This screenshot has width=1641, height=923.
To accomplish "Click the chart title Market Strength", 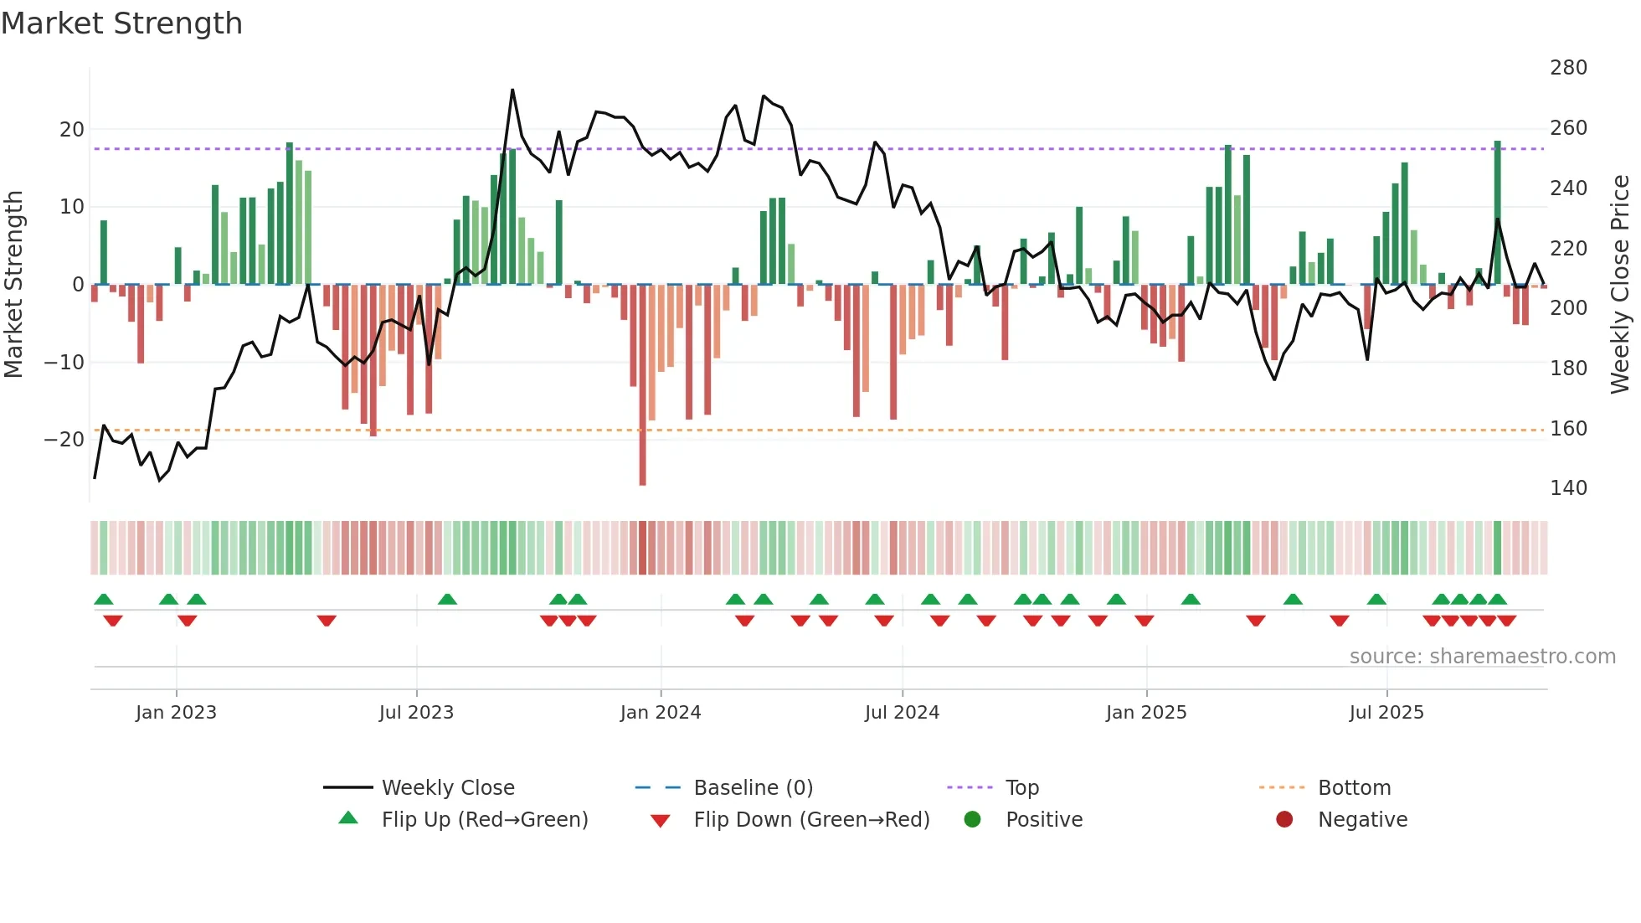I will pyautogui.click(x=121, y=23).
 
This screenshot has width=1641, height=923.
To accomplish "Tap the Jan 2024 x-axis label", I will pyautogui.click(x=660, y=713).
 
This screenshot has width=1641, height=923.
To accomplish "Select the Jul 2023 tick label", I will pyautogui.click(x=416, y=713).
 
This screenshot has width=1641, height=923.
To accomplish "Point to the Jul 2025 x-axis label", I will pyautogui.click(x=1386, y=713).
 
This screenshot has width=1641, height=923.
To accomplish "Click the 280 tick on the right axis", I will pyautogui.click(x=1567, y=68).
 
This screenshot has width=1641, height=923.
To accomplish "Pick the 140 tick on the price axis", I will pyautogui.click(x=1567, y=488).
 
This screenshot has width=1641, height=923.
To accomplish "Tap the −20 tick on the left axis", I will pyautogui.click(x=64, y=440).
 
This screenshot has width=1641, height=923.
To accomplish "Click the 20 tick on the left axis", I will pyautogui.click(x=72, y=130).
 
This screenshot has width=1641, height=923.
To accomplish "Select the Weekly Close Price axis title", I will pyautogui.click(x=1620, y=285).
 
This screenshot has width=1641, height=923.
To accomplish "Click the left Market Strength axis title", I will pyautogui.click(x=13, y=285).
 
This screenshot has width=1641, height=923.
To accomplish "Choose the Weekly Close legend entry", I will pyautogui.click(x=447, y=788).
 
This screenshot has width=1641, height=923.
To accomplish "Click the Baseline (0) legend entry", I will pyautogui.click(x=753, y=788).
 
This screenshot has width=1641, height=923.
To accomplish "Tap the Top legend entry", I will pyautogui.click(x=1021, y=788).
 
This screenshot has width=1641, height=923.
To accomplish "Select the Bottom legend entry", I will pyautogui.click(x=1354, y=788).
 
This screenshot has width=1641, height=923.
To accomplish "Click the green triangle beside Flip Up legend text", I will pyautogui.click(x=348, y=818).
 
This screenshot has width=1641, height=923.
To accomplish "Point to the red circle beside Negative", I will pyautogui.click(x=1284, y=819).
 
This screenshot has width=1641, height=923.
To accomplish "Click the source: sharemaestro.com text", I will pyautogui.click(x=1482, y=657).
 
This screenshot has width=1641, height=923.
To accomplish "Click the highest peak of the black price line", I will pyautogui.click(x=512, y=90).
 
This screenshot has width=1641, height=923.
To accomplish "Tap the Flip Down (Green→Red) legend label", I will pyautogui.click(x=811, y=820).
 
